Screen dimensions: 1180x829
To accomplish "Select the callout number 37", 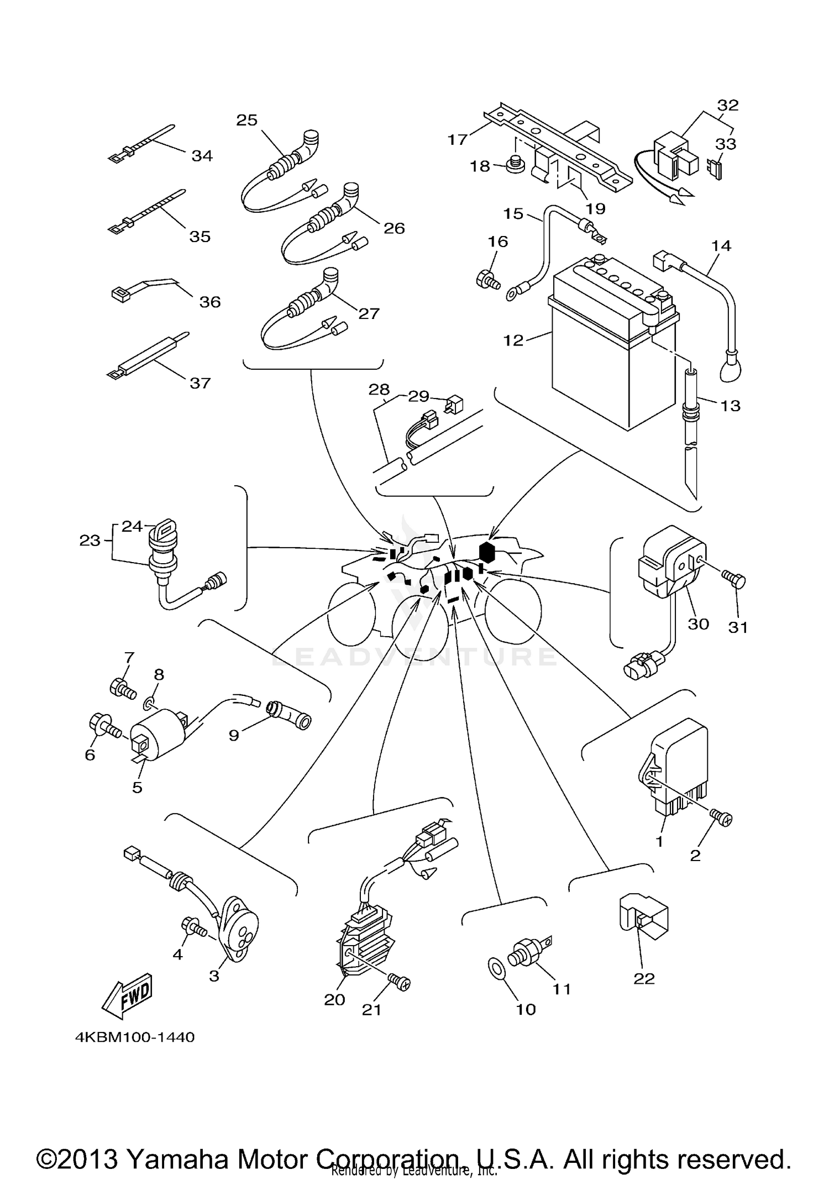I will [x=200, y=383].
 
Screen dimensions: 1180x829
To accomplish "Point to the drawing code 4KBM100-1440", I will [x=135, y=1037].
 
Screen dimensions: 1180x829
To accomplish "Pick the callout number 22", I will [x=644, y=978].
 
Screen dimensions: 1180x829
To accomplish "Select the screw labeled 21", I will [x=400, y=982].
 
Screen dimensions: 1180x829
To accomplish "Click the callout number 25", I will [x=247, y=120].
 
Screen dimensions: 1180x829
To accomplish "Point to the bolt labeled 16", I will [x=487, y=279].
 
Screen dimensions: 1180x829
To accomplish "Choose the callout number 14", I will [x=721, y=245].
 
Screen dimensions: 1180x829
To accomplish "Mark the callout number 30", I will [x=698, y=623].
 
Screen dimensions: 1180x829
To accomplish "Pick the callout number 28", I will [x=379, y=390].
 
